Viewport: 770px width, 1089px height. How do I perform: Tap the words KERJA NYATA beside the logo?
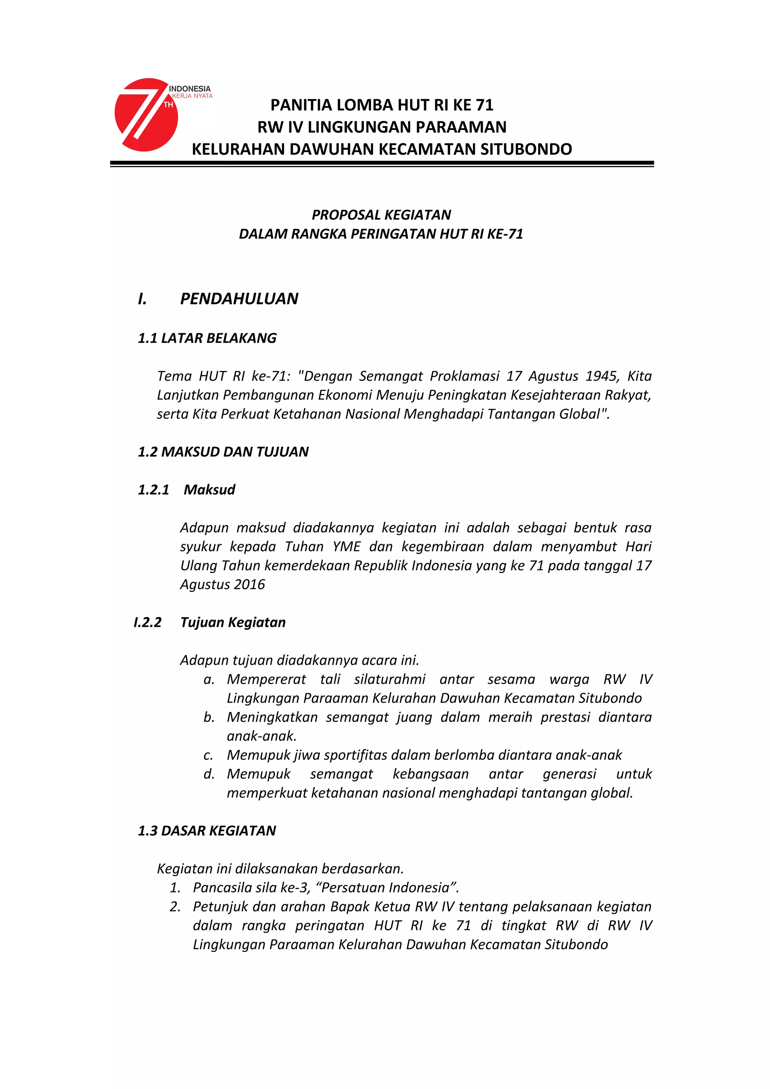[x=192, y=96]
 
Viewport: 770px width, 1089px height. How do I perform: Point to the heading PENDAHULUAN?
[x=239, y=299]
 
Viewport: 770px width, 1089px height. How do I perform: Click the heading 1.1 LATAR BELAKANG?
[x=207, y=338]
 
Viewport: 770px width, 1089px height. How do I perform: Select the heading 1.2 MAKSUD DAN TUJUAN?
[x=223, y=452]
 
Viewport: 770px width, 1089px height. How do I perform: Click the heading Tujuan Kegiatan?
[x=233, y=622]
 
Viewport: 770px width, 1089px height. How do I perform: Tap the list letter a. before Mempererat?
[x=209, y=679]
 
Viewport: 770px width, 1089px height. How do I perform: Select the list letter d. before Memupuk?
[x=209, y=774]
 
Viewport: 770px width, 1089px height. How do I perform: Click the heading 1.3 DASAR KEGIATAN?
[x=207, y=831]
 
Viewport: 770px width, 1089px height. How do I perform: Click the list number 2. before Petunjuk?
[x=175, y=907]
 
